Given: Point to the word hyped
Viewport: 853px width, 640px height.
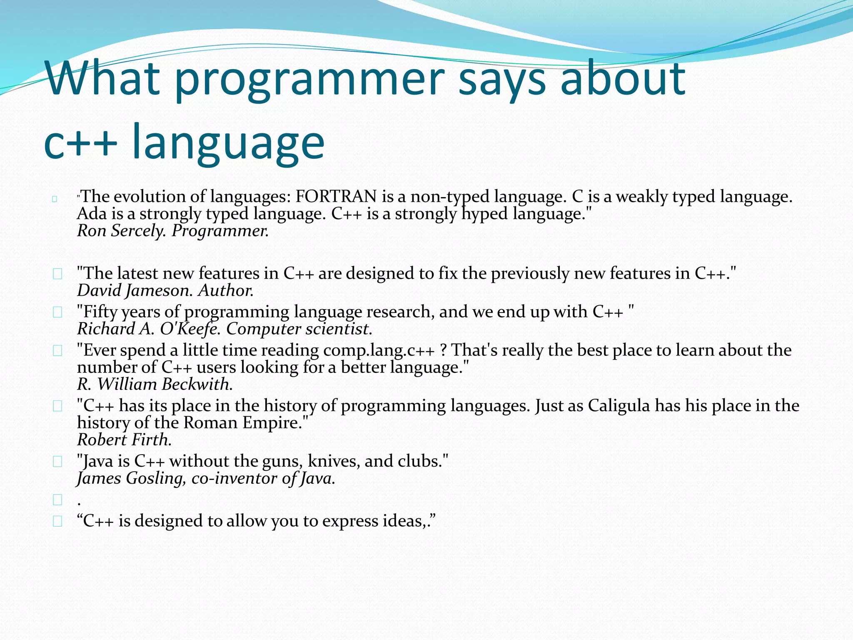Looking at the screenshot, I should pos(484,214).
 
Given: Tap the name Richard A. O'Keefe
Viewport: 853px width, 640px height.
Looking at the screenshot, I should pos(148,329).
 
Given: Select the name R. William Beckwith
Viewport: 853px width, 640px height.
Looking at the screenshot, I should pos(155,384).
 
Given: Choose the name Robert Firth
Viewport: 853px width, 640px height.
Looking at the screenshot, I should pos(124,440).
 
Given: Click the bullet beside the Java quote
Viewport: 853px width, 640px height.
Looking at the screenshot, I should pos(57,462).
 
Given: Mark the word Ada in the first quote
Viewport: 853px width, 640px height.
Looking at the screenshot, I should pos(91,214).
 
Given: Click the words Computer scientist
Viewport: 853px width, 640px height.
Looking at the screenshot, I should pos(299,329).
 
